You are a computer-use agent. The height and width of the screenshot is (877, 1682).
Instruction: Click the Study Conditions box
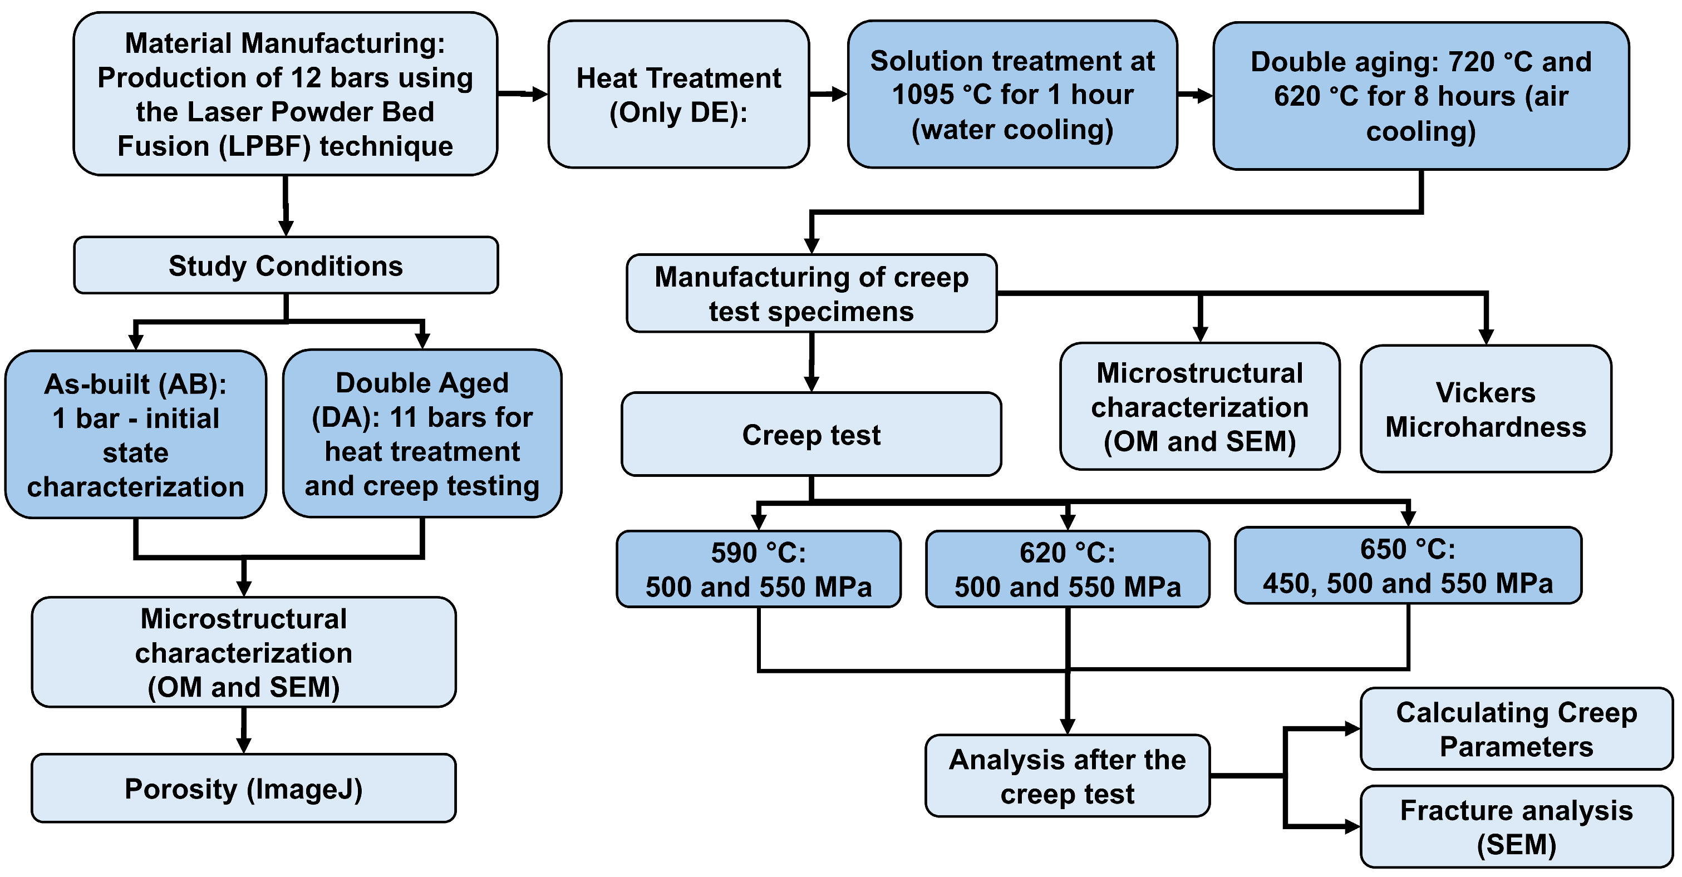tap(286, 265)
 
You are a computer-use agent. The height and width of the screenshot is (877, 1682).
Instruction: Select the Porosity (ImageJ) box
tap(244, 788)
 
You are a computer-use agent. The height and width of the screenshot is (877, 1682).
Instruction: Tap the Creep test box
tap(811, 434)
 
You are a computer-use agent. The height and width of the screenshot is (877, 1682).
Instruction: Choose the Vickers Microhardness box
tap(1486, 409)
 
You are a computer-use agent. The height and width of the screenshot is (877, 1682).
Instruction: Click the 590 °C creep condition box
tap(759, 569)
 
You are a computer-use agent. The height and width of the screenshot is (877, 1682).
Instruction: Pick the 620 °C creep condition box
tap(1068, 569)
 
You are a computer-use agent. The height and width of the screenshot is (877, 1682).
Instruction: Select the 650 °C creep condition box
tap(1408, 565)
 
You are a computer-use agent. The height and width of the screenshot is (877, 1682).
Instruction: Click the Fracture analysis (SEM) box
tap(1516, 827)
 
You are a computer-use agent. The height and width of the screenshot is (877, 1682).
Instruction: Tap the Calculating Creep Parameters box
tap(1516, 729)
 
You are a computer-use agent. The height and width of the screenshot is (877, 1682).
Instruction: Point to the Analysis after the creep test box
tap(1068, 776)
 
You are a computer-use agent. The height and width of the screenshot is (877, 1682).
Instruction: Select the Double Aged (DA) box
tap(422, 434)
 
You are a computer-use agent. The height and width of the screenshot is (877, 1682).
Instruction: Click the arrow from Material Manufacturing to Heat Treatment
tap(523, 94)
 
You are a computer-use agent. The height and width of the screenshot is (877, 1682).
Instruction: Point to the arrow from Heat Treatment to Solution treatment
tap(829, 94)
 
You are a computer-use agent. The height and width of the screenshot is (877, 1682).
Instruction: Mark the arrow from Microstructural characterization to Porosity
tap(244, 731)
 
